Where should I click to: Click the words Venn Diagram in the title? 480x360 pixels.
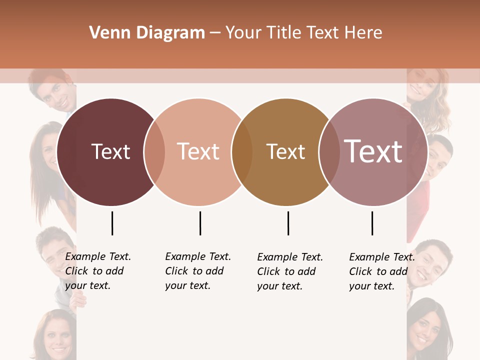tap(147, 33)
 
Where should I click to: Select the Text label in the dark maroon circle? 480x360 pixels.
tap(110, 151)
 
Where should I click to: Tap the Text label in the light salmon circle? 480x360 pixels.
tap(198, 151)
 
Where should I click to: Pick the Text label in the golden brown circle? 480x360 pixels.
tap(285, 151)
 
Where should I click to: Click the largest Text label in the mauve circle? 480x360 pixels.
tap(373, 151)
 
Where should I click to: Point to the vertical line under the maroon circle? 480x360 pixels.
tap(112, 223)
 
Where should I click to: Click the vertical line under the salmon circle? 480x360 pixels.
tap(200, 223)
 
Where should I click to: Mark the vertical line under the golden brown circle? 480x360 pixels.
tap(288, 223)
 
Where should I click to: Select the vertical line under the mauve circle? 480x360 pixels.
tap(372, 223)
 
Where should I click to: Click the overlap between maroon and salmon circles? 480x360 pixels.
tap(155, 152)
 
